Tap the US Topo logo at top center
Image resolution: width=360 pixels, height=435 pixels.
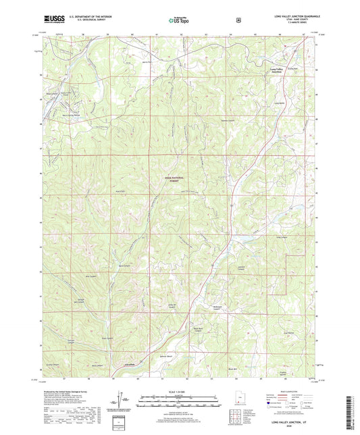[x=179, y=20]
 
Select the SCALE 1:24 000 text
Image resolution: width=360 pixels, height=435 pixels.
[x=179, y=392]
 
